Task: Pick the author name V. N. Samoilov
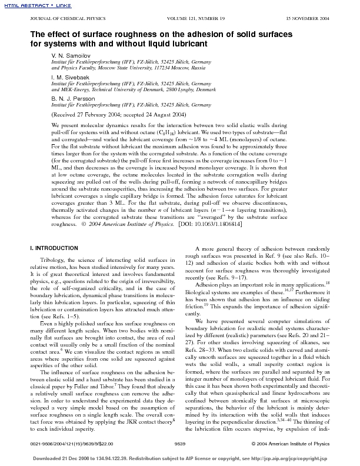click(70, 54)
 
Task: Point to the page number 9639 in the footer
click(180, 442)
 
